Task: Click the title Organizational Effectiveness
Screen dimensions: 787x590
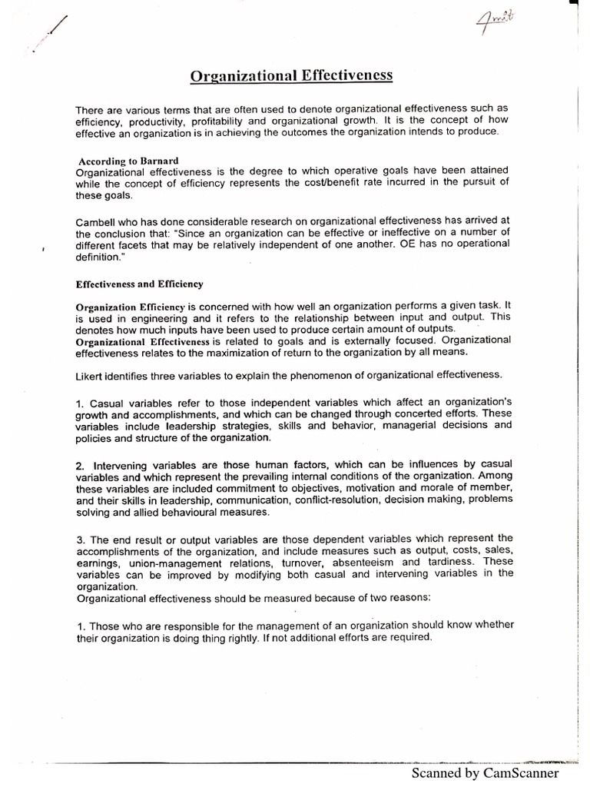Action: coord(291,76)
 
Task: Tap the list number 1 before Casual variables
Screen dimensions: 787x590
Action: coord(80,403)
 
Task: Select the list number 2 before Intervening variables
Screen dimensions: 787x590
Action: coord(80,465)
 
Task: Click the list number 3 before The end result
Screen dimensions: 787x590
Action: coord(80,537)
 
